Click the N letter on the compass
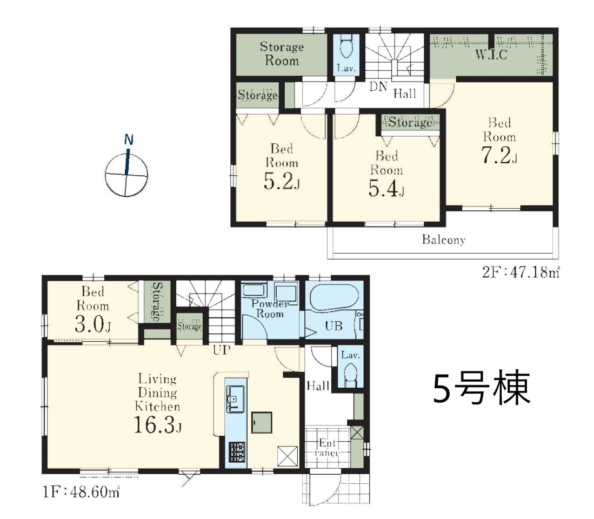click(x=129, y=140)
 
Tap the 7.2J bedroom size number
click(x=499, y=155)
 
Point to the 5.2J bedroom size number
click(x=282, y=181)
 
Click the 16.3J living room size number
click(x=158, y=424)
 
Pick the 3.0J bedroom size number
click(x=93, y=324)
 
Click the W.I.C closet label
click(x=491, y=55)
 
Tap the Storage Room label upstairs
click(x=282, y=54)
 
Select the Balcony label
click(x=444, y=240)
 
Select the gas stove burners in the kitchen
click(x=237, y=453)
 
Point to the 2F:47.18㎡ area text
click(x=520, y=272)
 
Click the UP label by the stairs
click(x=221, y=350)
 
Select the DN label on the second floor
click(x=378, y=86)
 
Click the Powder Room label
click(x=270, y=308)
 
